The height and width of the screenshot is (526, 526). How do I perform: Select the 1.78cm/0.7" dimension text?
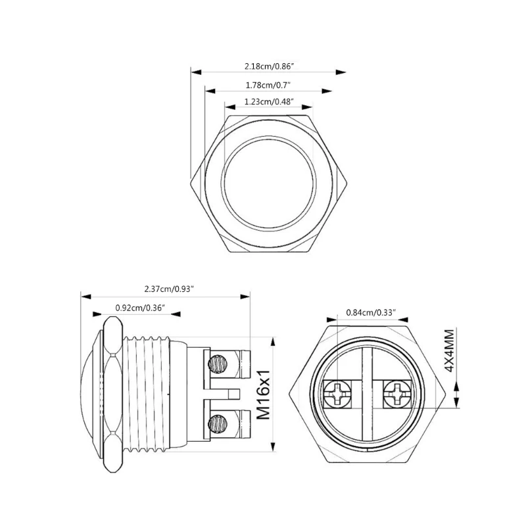click(x=268, y=85)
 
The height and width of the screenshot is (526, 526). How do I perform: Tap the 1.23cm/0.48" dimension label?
click(x=268, y=102)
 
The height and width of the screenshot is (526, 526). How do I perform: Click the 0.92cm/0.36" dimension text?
click(x=139, y=307)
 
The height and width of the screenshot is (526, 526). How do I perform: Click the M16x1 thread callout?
click(x=264, y=394)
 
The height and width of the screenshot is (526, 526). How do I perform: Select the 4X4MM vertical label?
click(x=449, y=352)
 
